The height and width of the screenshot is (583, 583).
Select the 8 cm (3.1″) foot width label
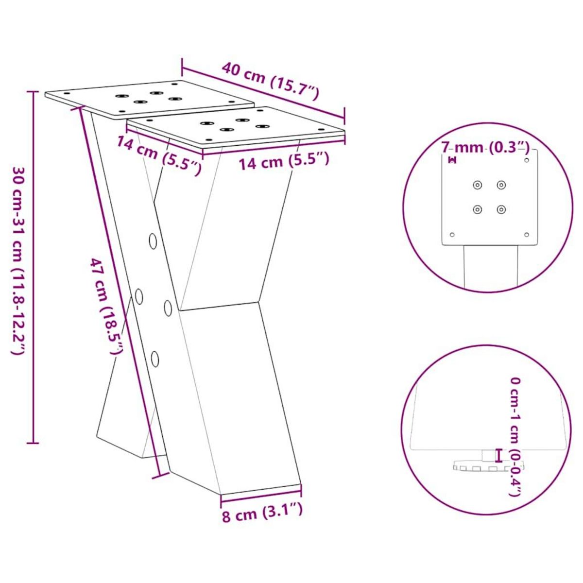(x=262, y=513)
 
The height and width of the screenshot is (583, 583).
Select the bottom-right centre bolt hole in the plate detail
(x=501, y=209)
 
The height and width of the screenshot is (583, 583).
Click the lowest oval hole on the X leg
(x=155, y=359)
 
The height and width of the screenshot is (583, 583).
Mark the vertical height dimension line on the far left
(x=33, y=267)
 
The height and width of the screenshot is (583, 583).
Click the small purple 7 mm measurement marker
(x=453, y=159)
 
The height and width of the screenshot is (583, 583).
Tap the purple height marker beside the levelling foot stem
(x=497, y=455)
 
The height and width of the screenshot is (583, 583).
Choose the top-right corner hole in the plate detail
(x=527, y=159)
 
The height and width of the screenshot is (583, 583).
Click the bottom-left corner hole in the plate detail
(x=452, y=235)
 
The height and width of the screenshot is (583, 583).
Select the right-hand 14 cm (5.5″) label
(x=284, y=161)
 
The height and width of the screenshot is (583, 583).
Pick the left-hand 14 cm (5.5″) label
(x=158, y=154)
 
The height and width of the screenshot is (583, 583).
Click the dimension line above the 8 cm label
(x=261, y=491)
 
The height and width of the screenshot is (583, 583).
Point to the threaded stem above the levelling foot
(x=485, y=455)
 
